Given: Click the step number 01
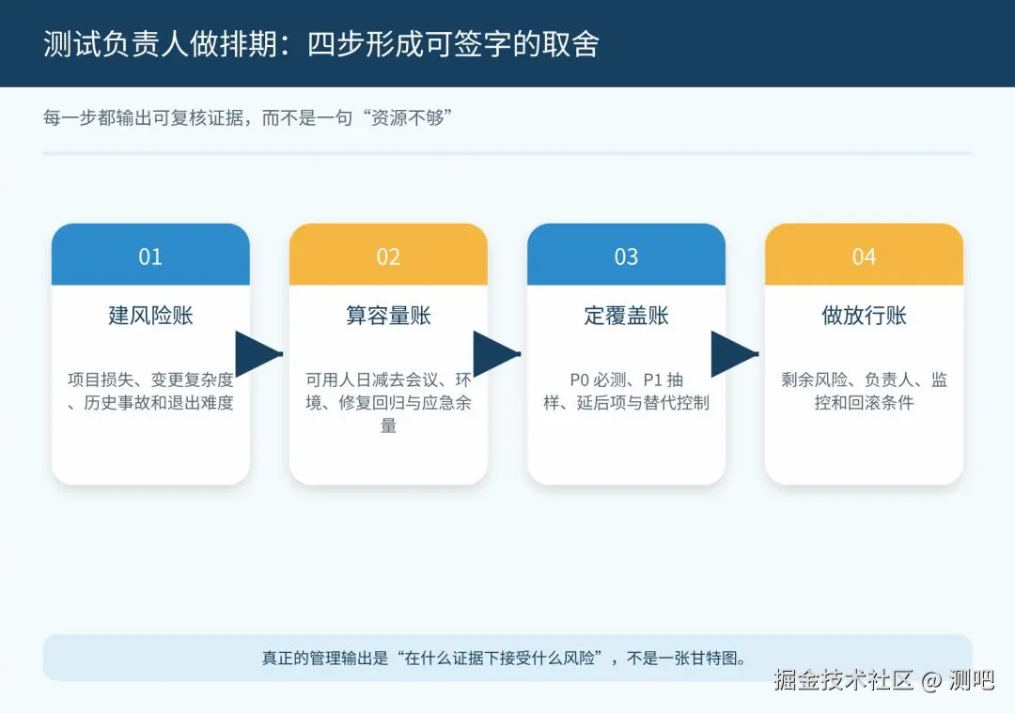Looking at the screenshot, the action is click(x=150, y=256).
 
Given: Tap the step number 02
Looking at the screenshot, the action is click(x=388, y=256).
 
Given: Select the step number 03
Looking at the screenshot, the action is click(x=626, y=256).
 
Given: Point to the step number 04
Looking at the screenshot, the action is click(x=865, y=256).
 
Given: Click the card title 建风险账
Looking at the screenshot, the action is click(x=150, y=316).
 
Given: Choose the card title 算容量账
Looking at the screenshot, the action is click(x=388, y=316).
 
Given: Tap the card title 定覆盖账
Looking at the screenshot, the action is click(x=626, y=316).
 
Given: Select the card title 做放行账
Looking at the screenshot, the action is click(x=865, y=316).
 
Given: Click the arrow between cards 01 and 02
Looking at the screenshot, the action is click(x=258, y=354).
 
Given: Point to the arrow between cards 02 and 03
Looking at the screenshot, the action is click(x=496, y=354).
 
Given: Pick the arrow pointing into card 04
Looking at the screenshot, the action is click(x=734, y=354).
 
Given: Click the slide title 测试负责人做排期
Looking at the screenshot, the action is click(x=161, y=44).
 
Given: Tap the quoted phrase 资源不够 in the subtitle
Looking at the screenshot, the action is click(x=408, y=117).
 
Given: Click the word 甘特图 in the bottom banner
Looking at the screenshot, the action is click(x=712, y=658).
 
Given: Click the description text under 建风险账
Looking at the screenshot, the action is click(x=150, y=391).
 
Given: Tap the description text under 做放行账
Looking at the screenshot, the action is click(x=865, y=391).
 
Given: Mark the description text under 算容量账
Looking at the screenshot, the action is click(x=388, y=402).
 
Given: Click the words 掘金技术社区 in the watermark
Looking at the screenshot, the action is click(x=843, y=680).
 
